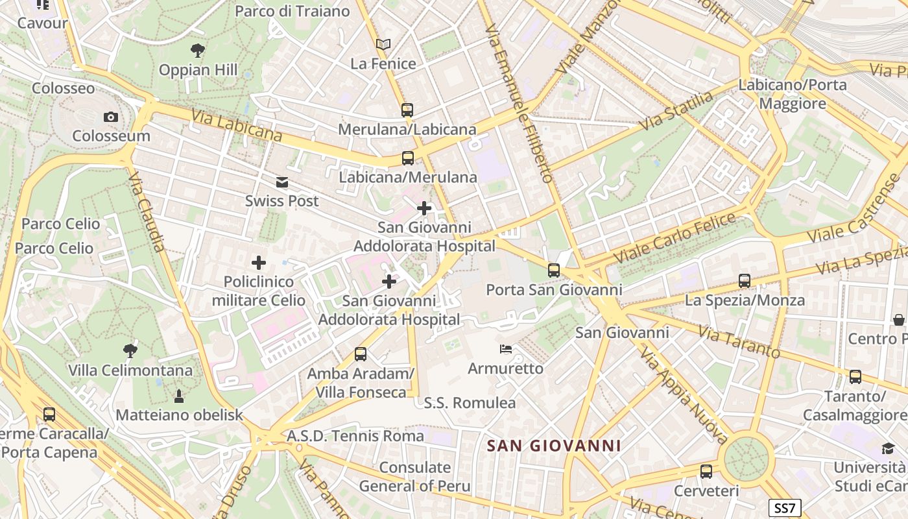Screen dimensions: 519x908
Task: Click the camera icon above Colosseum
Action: click(111, 117)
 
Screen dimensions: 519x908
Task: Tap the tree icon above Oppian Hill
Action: click(198, 50)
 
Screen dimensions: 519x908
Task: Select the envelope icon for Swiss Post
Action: click(282, 182)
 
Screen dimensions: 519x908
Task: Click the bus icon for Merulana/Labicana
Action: click(407, 110)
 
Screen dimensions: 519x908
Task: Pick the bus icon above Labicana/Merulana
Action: click(407, 158)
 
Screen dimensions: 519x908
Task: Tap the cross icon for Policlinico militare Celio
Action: click(259, 263)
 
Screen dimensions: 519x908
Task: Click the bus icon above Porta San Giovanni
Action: click(553, 271)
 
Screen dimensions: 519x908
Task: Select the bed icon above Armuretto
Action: click(506, 350)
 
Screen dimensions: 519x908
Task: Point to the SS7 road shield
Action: click(785, 507)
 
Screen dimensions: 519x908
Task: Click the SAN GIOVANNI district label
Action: click(554, 446)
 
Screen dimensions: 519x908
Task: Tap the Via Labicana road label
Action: click(237, 125)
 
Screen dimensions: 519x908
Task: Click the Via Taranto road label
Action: click(739, 341)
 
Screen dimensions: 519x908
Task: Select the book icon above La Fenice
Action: click(383, 44)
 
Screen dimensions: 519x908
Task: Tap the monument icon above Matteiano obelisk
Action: click(179, 396)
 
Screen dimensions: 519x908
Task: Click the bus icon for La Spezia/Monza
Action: click(745, 281)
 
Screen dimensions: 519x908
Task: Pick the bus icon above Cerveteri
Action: click(706, 472)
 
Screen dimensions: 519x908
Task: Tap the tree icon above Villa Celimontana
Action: click(130, 351)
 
